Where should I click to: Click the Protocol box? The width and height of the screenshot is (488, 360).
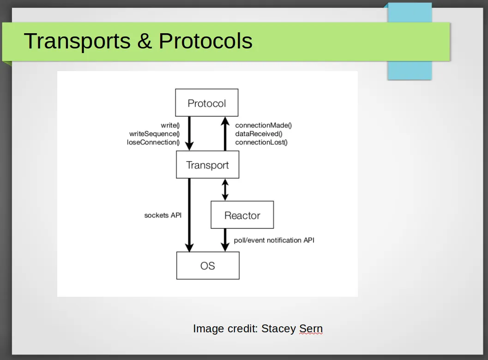click(207, 102)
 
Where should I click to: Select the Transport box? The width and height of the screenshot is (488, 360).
click(208, 165)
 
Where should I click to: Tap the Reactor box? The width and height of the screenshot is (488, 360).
click(242, 215)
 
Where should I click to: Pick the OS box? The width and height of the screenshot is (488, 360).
click(208, 265)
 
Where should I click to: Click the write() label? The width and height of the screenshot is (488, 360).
click(170, 125)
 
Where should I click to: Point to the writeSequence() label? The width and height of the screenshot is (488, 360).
click(154, 134)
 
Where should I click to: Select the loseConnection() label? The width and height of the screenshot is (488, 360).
click(153, 142)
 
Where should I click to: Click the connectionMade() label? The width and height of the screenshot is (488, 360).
click(263, 125)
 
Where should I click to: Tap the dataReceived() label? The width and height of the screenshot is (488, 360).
click(259, 134)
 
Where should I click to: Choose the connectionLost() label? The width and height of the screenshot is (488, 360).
click(261, 142)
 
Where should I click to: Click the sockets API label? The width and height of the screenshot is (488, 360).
click(163, 215)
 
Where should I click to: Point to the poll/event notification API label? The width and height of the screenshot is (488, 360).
click(274, 240)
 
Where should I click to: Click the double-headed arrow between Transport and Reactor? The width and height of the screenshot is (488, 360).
click(225, 190)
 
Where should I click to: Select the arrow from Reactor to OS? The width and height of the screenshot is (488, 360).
click(225, 240)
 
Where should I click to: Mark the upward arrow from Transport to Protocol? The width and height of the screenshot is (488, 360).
click(225, 134)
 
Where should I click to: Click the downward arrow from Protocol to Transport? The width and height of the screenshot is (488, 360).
click(189, 133)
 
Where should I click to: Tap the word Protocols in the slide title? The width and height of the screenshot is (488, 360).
click(205, 41)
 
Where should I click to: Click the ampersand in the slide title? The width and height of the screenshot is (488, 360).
click(145, 41)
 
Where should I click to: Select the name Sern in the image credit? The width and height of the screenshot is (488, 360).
click(311, 328)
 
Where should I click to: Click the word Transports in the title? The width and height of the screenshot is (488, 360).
click(77, 42)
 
